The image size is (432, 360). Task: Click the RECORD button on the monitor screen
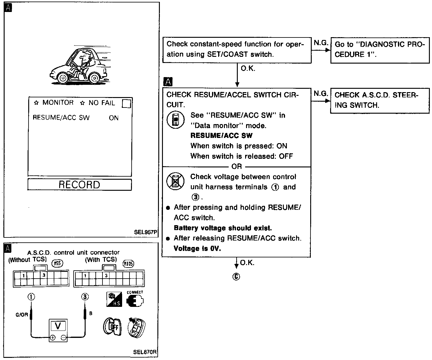(79, 185)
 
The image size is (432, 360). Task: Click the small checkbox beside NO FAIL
(126, 104)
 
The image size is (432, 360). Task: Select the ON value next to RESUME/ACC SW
(114, 118)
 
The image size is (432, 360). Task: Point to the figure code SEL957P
(145, 232)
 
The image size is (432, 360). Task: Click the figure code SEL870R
(145, 352)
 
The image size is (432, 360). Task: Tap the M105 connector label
(128, 263)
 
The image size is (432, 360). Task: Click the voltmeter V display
(58, 325)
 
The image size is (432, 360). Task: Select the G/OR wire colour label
(22, 315)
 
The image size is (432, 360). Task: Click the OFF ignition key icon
(112, 327)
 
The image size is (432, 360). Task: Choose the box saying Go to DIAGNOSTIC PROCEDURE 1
(380, 49)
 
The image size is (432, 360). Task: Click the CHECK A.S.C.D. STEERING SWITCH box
(380, 100)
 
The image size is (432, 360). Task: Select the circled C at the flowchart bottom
(236, 277)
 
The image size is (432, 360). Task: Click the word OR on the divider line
(237, 166)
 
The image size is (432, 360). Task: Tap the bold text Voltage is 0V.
(197, 248)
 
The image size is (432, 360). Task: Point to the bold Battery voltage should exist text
(223, 228)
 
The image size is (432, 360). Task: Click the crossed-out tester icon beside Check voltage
(175, 181)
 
